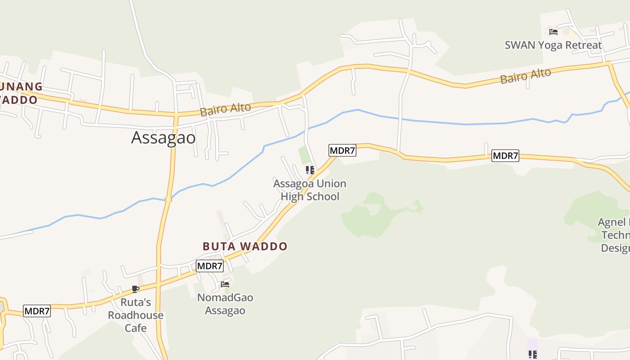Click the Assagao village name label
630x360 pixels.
pyautogui.click(x=163, y=138)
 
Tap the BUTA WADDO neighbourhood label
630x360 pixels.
pyautogui.click(x=245, y=247)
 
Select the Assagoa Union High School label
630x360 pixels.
pyautogui.click(x=310, y=190)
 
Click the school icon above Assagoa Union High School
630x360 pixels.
pyautogui.click(x=310, y=170)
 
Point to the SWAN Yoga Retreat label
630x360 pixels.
pyautogui.click(x=553, y=45)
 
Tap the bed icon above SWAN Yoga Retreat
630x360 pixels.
pyautogui.click(x=553, y=32)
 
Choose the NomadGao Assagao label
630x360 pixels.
pyautogui.click(x=225, y=304)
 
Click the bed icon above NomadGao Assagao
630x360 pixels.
pyautogui.click(x=225, y=284)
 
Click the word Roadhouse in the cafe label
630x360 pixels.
pyautogui.click(x=135, y=315)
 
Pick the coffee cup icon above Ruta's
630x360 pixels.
pyautogui.click(x=135, y=289)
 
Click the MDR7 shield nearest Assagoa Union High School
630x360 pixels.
pyautogui.click(x=342, y=150)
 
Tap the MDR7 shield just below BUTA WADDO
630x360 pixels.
pyautogui.click(x=210, y=266)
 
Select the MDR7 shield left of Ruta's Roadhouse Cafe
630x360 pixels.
pyautogui.click(x=37, y=311)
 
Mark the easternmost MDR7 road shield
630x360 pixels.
pyautogui.click(x=505, y=156)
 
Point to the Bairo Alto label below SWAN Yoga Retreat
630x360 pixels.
pyautogui.click(x=526, y=76)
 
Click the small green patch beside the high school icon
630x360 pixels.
pyautogui.click(x=305, y=155)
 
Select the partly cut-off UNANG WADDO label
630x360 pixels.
pyautogui.click(x=20, y=93)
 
